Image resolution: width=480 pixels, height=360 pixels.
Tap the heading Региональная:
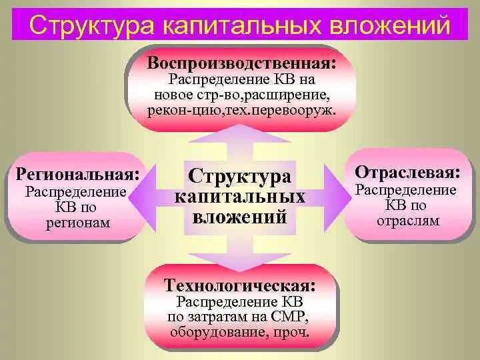pyautogui.click(x=78, y=175)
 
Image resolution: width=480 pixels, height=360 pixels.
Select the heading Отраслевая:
pyautogui.click(x=407, y=172)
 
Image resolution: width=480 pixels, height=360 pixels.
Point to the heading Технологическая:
pyautogui.click(x=241, y=285)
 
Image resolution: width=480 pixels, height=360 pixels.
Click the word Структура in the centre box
pyautogui.click(x=240, y=177)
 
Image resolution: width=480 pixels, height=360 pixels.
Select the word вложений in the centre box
pyautogui.click(x=240, y=216)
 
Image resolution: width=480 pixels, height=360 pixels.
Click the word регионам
pyautogui.click(x=78, y=223)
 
